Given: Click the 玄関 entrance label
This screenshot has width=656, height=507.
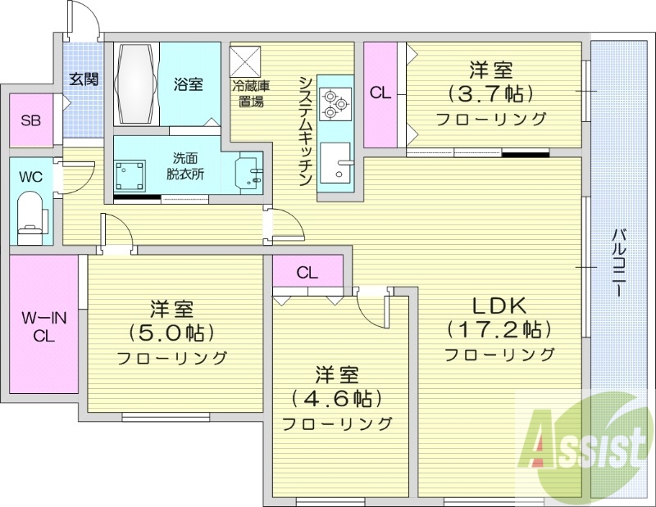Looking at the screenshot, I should (x=84, y=79).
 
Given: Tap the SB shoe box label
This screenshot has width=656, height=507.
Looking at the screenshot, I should (x=30, y=121).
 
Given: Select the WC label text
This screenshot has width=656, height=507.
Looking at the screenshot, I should (x=30, y=176).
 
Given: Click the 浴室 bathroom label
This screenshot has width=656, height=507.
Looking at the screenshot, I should (x=189, y=84).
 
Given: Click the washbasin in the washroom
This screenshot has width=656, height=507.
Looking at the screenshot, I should (x=249, y=174).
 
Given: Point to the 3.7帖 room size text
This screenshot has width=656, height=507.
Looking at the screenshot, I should (x=490, y=92).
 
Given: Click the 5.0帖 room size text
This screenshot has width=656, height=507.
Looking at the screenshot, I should (x=171, y=333).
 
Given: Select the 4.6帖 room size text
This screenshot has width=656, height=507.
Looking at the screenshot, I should (x=337, y=399).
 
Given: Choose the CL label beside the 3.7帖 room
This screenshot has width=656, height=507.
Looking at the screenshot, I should (x=380, y=93).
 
